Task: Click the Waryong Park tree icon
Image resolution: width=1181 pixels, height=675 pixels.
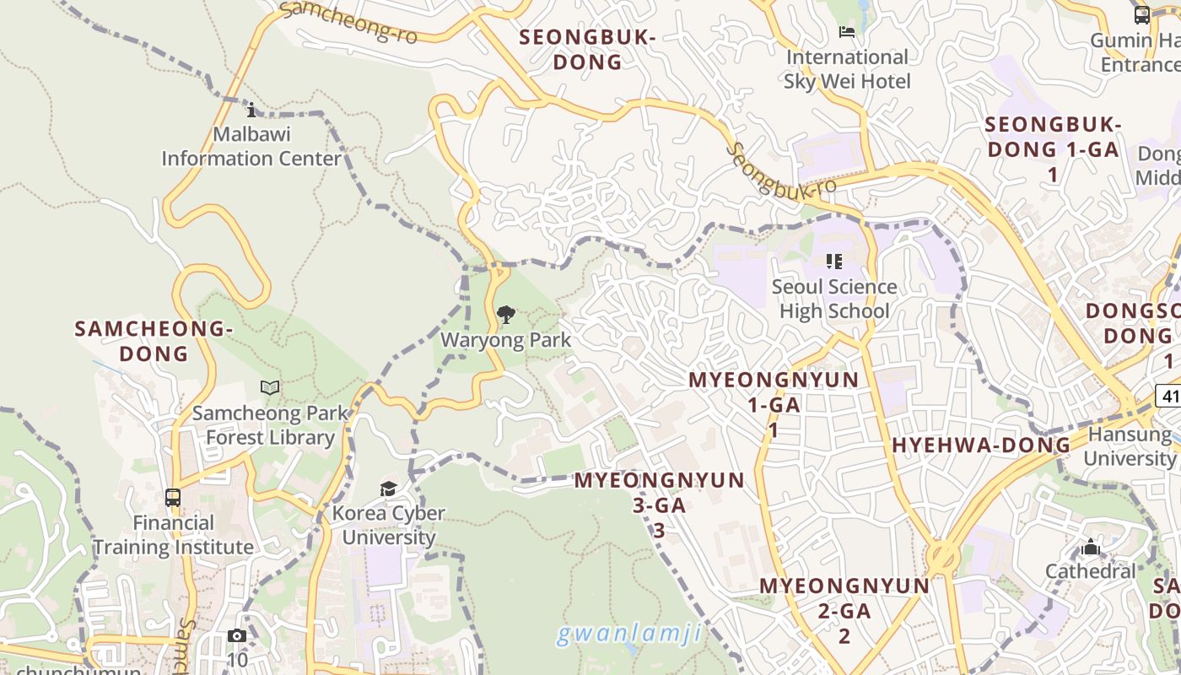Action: (506, 316)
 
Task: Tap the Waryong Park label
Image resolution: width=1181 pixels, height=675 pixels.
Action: (506, 340)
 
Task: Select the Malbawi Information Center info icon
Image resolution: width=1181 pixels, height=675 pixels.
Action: (251, 110)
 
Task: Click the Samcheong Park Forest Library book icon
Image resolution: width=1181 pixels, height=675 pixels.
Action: (270, 387)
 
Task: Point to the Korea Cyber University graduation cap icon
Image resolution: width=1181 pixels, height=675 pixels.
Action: (388, 489)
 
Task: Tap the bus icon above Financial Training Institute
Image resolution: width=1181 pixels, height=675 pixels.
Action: (173, 498)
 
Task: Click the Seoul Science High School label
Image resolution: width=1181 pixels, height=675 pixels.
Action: (834, 299)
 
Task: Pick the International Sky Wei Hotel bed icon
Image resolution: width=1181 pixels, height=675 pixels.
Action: (847, 32)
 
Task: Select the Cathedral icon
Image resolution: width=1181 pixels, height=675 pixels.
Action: (1091, 548)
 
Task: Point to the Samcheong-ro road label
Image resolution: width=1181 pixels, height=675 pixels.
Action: (348, 22)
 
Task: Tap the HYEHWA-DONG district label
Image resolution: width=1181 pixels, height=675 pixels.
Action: (981, 445)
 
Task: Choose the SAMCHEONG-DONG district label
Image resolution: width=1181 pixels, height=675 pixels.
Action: (154, 341)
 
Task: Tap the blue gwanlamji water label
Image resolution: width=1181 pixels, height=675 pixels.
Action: (629, 633)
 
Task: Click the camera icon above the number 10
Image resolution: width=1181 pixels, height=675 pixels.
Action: (237, 636)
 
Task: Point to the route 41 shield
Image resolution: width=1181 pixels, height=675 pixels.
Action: (1169, 396)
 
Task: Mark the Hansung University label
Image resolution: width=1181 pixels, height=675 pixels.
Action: (1130, 446)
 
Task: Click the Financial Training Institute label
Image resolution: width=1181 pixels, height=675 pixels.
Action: (173, 535)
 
